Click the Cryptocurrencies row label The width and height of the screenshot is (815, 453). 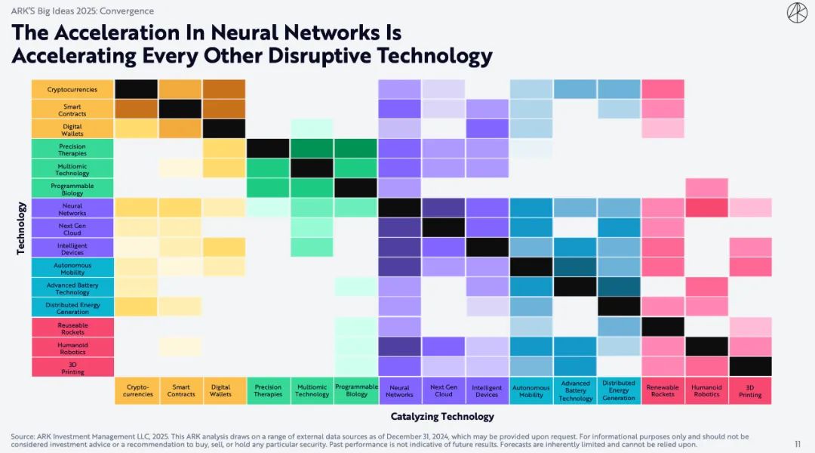72,90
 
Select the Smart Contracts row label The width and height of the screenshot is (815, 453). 72,109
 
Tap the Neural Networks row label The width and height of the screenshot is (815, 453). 72,209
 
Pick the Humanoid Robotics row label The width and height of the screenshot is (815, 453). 72,348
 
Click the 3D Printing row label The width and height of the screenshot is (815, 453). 72,368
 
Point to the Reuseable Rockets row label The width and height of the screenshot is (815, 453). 72,328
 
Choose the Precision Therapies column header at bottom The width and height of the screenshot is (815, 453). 268,390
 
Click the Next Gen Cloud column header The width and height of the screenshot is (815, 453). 444,390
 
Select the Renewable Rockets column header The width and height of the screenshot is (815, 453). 663,390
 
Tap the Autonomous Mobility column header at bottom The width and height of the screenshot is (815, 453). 531,390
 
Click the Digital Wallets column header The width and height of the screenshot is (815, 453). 224,390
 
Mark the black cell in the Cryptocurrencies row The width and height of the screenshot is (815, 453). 136,89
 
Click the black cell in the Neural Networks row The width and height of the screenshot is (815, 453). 399,208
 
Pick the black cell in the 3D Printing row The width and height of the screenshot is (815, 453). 750,367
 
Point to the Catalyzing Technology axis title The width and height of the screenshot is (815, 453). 442,416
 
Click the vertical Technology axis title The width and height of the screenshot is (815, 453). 21,227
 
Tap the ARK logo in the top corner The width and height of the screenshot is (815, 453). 797,13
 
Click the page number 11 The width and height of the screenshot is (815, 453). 798,444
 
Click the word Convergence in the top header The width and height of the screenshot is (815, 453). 128,11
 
